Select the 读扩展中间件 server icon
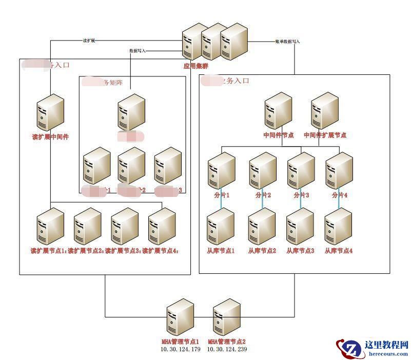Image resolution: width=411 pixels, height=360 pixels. coord(50,113)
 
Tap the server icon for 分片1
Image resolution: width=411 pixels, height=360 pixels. coord(221,171)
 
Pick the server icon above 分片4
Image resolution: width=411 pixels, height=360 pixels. coord(339,171)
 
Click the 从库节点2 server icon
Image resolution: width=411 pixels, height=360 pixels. coord(262,226)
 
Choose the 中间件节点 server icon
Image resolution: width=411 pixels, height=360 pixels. coord(278,111)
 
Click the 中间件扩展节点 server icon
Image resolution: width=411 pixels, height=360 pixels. coord(325,111)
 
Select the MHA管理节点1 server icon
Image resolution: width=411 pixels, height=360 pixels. coord(180,318)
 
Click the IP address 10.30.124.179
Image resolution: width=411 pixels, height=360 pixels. coord(180,349)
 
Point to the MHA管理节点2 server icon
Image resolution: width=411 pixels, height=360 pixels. coord(227,318)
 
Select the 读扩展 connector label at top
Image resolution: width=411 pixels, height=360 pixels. coord(89,41)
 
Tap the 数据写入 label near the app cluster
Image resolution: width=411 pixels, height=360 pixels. coord(138,51)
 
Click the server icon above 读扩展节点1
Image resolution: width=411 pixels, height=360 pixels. coord(50,226)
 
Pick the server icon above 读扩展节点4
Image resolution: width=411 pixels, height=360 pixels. coord(162,226)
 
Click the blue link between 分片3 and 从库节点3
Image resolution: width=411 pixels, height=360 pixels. coord(301,201)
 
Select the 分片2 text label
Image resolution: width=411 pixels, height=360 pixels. coord(263,195)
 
